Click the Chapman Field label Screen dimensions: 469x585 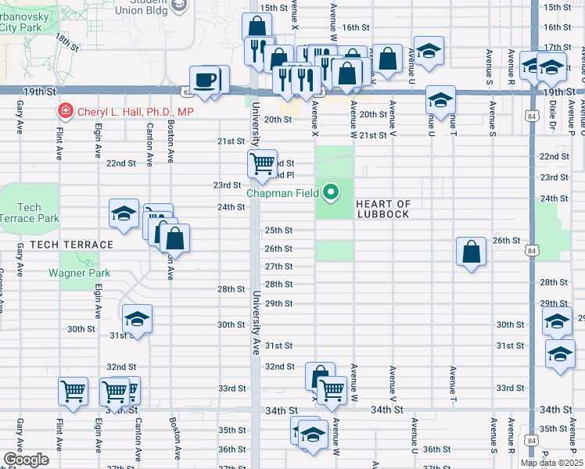click(283, 192)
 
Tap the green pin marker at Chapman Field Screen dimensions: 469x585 click(332, 191)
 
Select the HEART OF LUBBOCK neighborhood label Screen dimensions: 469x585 click(383, 209)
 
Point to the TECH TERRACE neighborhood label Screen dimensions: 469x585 click(72, 245)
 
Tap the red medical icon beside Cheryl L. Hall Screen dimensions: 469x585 click(66, 112)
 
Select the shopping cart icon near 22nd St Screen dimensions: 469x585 click(262, 163)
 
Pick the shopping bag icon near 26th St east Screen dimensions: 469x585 click(471, 252)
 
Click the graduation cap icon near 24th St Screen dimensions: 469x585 click(124, 213)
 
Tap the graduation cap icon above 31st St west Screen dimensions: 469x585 click(137, 319)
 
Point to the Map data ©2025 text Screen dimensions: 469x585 click(551, 463)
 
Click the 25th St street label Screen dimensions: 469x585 click(278, 231)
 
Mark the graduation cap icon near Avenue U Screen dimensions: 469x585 click(440, 100)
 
